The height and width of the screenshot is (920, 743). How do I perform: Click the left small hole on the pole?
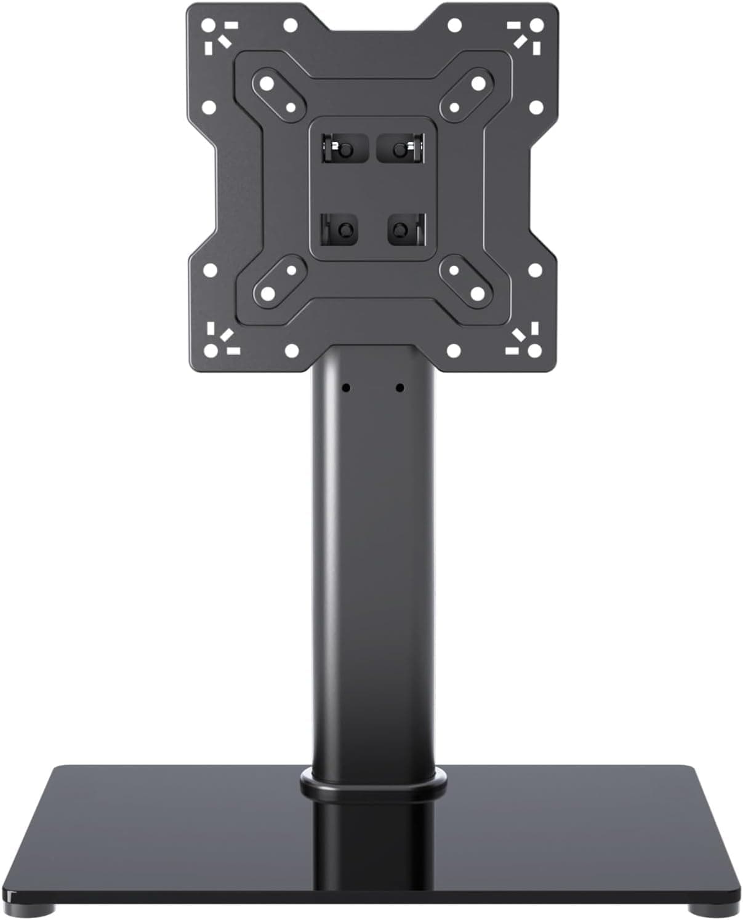[x=347, y=388]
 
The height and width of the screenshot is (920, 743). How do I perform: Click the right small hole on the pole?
[x=400, y=388]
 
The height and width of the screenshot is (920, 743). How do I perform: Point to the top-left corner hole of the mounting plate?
[x=209, y=25]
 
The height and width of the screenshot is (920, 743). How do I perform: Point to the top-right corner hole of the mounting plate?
[x=536, y=25]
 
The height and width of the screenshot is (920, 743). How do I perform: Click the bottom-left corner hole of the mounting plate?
[x=209, y=351]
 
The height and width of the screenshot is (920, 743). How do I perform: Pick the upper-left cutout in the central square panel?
[x=338, y=148]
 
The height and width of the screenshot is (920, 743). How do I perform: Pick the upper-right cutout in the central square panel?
[x=400, y=148]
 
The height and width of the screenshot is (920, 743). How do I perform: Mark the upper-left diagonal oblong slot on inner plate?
[x=278, y=94]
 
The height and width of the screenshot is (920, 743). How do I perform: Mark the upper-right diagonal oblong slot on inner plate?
[x=466, y=94]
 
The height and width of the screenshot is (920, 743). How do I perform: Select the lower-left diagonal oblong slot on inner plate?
[x=278, y=281]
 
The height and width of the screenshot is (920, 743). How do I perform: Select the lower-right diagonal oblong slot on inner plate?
[x=466, y=281]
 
